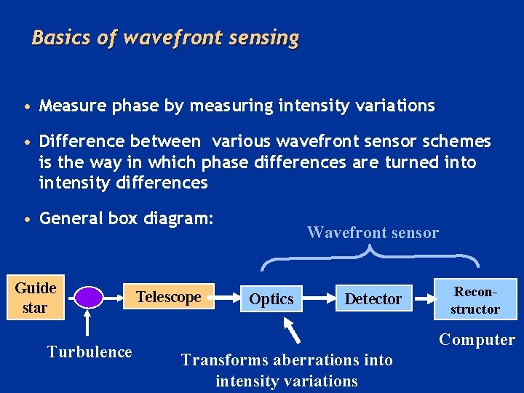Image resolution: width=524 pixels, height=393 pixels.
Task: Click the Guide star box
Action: pos(34,297)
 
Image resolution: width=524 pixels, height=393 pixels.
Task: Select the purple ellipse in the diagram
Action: pos(90,297)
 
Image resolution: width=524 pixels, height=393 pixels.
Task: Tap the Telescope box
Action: pos(168,297)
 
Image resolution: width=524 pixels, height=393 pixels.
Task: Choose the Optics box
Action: pos(271,298)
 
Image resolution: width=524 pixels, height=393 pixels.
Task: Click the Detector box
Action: pos(373,298)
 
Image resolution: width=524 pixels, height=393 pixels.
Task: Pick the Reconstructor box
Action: pos(475,299)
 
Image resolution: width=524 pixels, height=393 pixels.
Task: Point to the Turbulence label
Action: pos(90,352)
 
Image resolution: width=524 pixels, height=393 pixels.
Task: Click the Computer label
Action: pos(477,340)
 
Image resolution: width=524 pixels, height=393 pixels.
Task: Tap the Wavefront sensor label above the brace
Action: pos(373,233)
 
